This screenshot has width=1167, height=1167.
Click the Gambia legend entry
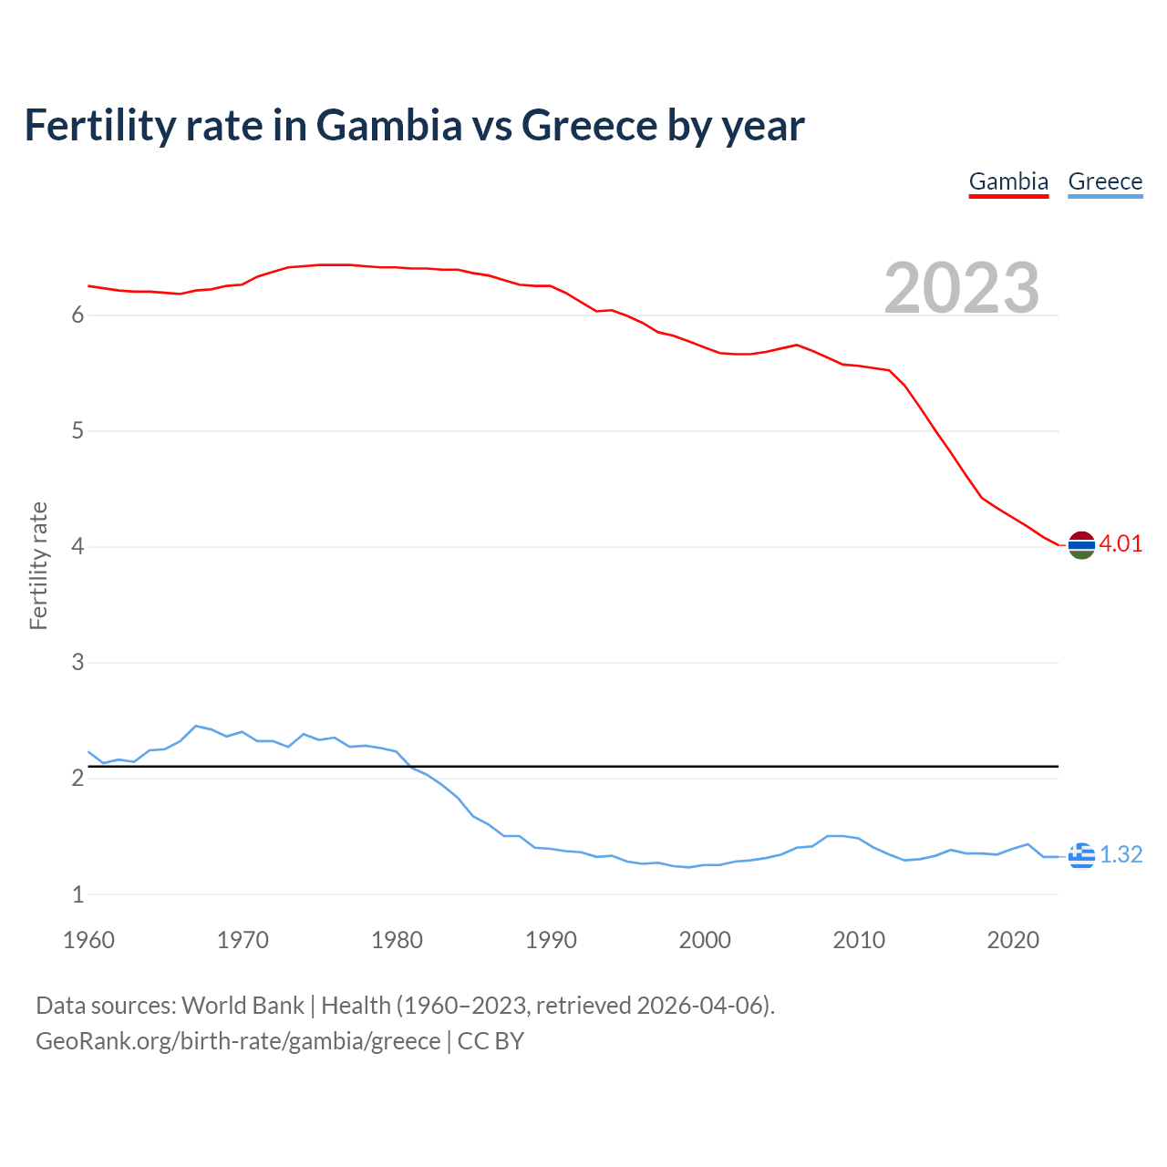1008,181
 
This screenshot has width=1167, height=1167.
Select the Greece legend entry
1105,181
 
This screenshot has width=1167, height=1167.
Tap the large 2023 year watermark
962,288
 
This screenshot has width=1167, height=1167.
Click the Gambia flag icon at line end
1081,545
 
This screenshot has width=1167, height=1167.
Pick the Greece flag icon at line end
1081,855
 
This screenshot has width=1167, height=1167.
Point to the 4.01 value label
1121,544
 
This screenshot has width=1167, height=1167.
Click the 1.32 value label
1121,855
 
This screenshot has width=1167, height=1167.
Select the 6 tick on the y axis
77,315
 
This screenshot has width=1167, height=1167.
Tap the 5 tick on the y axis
77,431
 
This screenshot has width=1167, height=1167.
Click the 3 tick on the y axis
77,663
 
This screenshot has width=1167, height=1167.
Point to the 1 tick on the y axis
77,894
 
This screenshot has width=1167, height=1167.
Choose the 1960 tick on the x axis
88,940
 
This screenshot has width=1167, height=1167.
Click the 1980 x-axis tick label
397,940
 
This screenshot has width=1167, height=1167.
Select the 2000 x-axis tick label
705,940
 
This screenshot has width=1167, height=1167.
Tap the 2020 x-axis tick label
1013,940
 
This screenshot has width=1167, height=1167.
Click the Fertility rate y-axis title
38,565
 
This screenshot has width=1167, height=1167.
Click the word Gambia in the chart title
389,126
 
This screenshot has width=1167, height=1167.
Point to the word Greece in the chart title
589,126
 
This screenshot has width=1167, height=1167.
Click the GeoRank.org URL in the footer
238,1041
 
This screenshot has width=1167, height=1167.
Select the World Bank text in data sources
243,1006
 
